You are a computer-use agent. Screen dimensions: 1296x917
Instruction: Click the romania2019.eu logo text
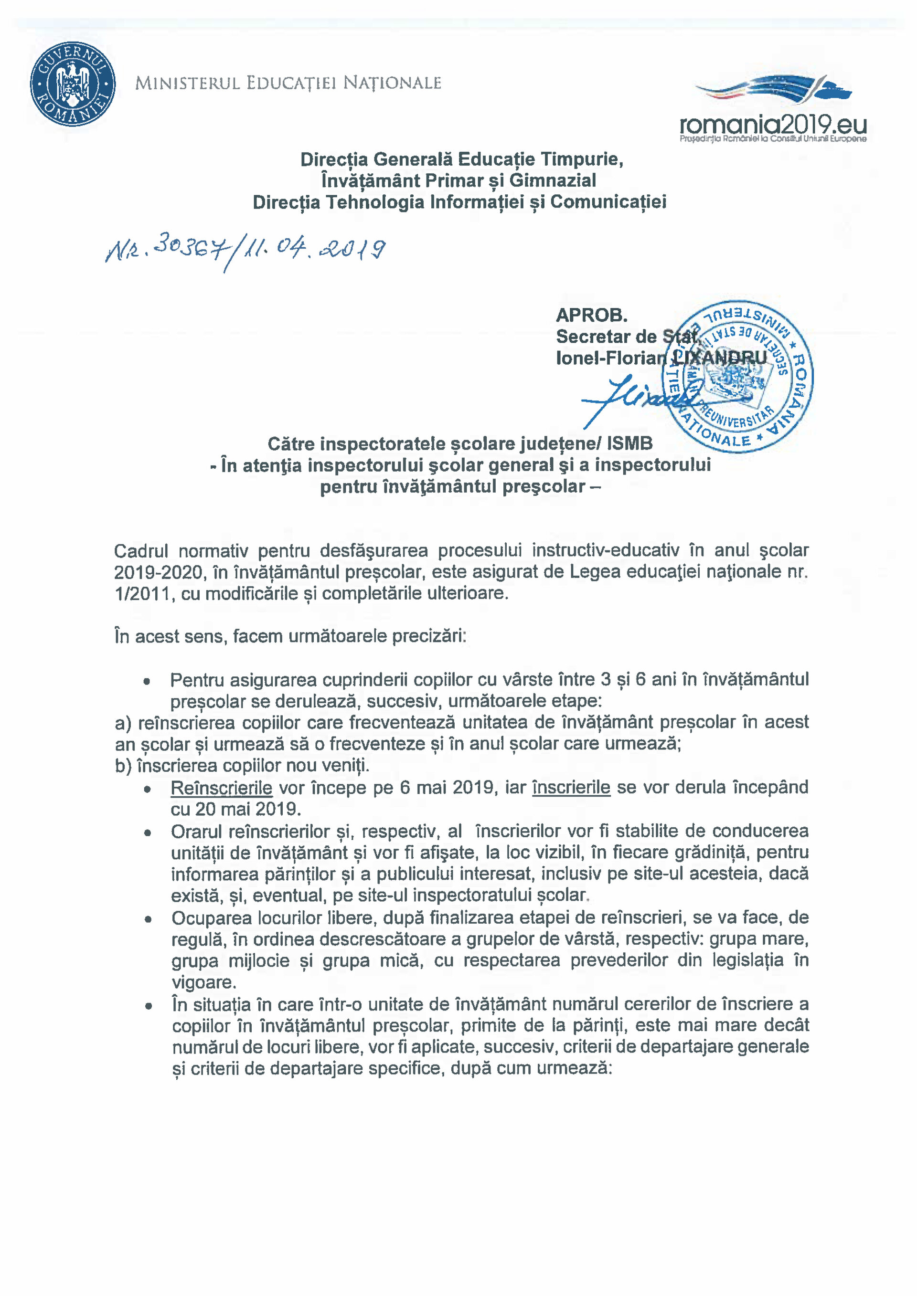coord(772,124)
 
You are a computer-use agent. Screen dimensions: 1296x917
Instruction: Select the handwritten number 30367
coord(189,247)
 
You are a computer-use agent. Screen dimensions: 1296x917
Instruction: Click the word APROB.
coord(591,315)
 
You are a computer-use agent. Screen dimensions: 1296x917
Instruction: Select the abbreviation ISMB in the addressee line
coord(629,443)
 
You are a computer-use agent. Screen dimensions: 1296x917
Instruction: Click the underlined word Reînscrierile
coord(221,788)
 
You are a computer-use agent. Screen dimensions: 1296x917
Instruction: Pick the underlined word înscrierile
coord(571,788)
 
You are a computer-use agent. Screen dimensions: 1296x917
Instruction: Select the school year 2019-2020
coord(158,572)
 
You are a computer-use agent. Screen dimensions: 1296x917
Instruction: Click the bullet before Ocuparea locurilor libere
coord(148,919)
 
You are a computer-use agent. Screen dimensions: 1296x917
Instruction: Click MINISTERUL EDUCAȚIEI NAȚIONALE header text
coord(288,84)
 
